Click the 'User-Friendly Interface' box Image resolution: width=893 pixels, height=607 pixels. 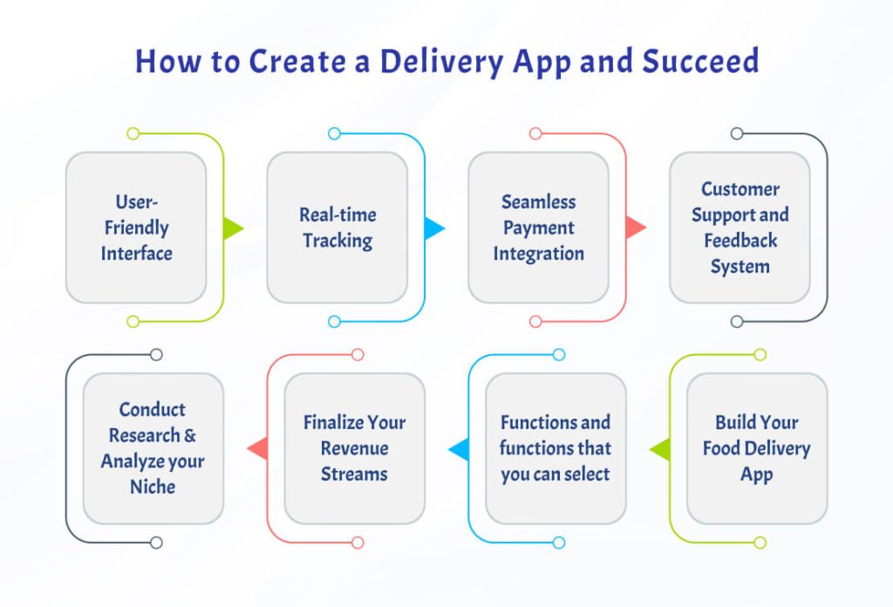136,228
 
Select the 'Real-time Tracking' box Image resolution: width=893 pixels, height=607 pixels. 337,228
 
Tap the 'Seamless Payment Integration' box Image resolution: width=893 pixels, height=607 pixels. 538,228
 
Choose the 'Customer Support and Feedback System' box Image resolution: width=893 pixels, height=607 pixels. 740,228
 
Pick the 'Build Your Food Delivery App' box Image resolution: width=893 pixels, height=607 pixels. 757,448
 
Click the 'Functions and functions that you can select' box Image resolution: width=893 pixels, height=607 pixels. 556,448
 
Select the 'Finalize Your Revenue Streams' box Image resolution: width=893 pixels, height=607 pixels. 354,448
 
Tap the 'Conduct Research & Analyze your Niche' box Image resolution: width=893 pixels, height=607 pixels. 153,448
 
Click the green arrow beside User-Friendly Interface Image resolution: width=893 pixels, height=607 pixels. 232,228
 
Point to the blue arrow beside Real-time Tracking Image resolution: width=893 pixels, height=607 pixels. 433,228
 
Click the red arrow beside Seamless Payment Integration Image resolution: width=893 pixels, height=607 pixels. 635,228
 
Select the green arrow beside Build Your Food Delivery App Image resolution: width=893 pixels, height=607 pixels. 660,449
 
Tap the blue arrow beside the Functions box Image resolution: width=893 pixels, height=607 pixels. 459,449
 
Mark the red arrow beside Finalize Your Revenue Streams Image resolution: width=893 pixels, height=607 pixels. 257,449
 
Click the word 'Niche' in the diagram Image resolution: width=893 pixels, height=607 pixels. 153,487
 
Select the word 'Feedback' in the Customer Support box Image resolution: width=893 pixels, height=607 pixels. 740,241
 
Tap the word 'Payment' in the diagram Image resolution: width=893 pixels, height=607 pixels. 538,228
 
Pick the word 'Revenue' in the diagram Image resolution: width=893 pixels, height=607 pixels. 354,448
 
